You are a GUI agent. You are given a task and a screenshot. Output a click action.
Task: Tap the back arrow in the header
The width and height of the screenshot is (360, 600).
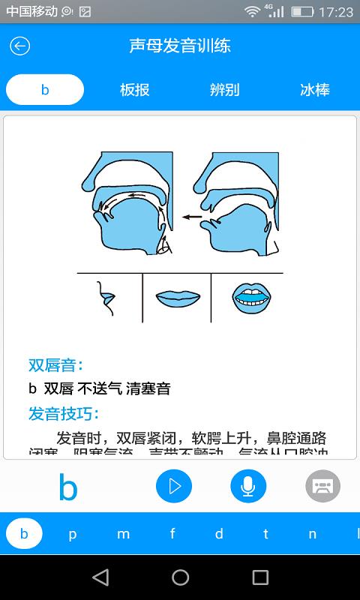19,46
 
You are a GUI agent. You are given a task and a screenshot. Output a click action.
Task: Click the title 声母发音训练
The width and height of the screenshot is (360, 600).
180,46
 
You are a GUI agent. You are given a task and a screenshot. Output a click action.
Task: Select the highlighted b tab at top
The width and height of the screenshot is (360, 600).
45,90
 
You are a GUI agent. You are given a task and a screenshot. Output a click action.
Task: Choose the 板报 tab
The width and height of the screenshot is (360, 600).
135,90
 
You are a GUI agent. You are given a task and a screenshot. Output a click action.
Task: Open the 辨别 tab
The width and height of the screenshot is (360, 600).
225,90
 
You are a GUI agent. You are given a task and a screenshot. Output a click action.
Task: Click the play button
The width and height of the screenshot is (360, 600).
174,487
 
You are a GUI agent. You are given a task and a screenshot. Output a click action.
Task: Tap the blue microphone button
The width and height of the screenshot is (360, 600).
248,487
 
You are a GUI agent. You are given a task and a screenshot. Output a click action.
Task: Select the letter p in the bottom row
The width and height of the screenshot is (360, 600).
73,535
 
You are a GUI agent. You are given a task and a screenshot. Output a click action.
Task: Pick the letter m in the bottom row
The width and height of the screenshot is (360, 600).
123,535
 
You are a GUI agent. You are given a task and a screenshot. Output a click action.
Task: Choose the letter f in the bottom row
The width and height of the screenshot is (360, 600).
172,535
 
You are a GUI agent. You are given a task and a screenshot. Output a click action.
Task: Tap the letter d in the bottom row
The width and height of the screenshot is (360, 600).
219,535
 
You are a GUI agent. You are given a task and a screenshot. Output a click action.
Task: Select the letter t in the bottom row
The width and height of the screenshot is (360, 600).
265,535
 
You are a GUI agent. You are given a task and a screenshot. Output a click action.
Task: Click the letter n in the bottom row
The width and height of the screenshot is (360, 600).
313,535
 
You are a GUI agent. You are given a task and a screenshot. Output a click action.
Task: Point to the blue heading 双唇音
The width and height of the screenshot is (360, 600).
56,365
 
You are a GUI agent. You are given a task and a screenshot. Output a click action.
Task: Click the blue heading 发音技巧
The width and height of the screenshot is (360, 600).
64,413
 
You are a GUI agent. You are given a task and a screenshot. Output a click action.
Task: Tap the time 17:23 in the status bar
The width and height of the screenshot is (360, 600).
335,12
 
